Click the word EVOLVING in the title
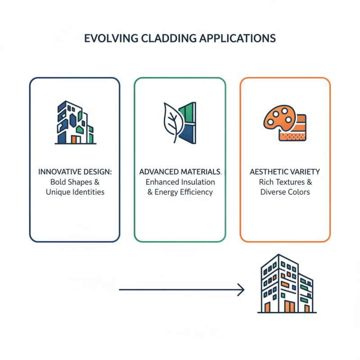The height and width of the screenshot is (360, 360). point(108,38)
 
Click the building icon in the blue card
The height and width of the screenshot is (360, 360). point(75,122)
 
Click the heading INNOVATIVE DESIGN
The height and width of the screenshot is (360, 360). point(75,172)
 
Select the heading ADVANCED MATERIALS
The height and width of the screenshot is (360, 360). point(180,172)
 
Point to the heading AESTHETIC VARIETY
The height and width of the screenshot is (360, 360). point(285,172)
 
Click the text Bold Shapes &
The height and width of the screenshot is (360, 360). point(75,182)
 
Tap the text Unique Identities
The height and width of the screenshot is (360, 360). point(75,192)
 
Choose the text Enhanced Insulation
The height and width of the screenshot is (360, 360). point(180,182)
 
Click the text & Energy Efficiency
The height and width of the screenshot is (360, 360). point(180,192)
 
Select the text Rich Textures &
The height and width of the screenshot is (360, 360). point(285,182)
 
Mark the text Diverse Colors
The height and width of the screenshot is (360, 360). point(285,192)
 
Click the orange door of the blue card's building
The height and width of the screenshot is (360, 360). point(74,139)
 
